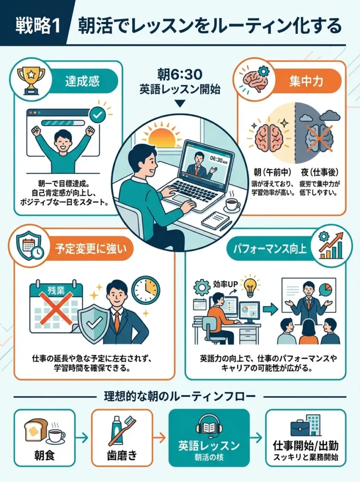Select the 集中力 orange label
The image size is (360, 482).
point(305,81)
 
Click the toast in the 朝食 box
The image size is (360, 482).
point(35,431)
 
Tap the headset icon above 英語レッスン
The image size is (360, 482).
point(209,425)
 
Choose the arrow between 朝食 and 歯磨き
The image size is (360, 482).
point(83,438)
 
